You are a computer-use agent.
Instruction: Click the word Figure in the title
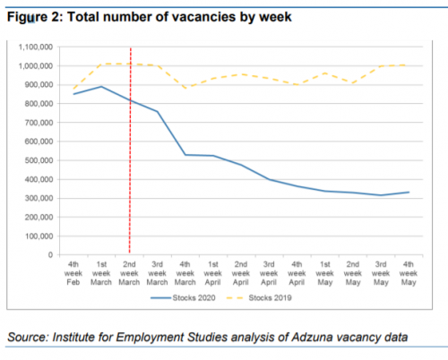(x=27, y=17)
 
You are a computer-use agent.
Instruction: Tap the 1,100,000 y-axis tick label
(x=36, y=47)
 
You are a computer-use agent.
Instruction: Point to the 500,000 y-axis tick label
(x=39, y=160)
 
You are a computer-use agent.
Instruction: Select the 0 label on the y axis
(x=50, y=255)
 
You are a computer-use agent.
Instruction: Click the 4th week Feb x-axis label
(x=73, y=273)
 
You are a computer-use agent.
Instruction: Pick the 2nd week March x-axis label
(x=129, y=273)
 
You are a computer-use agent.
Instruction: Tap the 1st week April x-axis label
(x=213, y=273)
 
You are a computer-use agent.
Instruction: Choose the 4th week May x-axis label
(x=409, y=273)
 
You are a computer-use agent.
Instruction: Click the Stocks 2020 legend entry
(x=183, y=297)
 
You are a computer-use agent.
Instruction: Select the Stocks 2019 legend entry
(x=259, y=297)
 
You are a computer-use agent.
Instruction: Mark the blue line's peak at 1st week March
(x=101, y=87)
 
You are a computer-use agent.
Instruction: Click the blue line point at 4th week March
(x=185, y=155)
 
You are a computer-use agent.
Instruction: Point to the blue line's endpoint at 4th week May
(x=409, y=193)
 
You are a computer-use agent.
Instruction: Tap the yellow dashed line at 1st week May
(x=325, y=73)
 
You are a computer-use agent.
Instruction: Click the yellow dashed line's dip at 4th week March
(x=185, y=88)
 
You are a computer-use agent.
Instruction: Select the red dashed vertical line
(x=130, y=150)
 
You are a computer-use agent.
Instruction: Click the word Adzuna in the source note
(x=313, y=337)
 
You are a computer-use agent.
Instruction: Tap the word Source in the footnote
(x=28, y=337)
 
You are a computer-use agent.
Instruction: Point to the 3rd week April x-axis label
(x=269, y=273)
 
